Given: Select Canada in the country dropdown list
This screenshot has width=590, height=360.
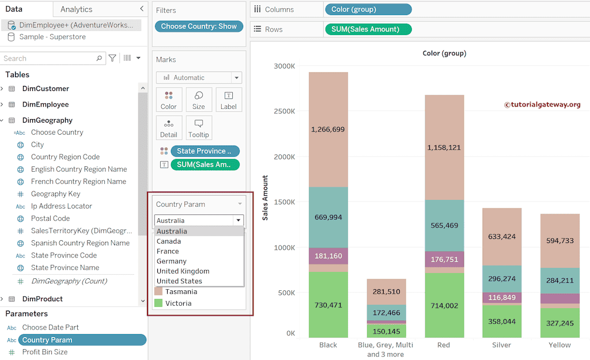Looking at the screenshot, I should pyautogui.click(x=169, y=241).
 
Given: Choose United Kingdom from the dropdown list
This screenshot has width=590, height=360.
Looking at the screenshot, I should pyautogui.click(x=183, y=271).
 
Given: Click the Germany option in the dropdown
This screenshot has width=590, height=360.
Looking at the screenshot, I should pyautogui.click(x=172, y=262).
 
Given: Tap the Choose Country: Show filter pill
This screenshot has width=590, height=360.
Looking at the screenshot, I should pyautogui.click(x=199, y=26).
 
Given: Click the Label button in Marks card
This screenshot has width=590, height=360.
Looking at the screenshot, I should pyautogui.click(x=229, y=100).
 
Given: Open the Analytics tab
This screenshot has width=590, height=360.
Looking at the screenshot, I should pyautogui.click(x=76, y=9).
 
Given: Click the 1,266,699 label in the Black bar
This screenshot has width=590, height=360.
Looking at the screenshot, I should pyautogui.click(x=328, y=130).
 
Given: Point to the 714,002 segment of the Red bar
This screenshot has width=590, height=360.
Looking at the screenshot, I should pyautogui.click(x=444, y=306).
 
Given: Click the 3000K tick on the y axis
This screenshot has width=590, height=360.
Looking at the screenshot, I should pyautogui.click(x=284, y=66).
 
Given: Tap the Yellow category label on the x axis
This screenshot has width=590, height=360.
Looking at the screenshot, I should pyautogui.click(x=559, y=345).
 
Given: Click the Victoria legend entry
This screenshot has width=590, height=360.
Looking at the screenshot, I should pyautogui.click(x=178, y=303).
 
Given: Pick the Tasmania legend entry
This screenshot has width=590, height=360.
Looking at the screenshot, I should pyautogui.click(x=181, y=292).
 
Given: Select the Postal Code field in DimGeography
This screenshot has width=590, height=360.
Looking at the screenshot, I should pyautogui.click(x=50, y=218).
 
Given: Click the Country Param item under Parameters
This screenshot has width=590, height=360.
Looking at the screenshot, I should pyautogui.click(x=47, y=340).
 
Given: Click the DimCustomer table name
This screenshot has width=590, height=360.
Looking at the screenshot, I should pyautogui.click(x=46, y=89).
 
